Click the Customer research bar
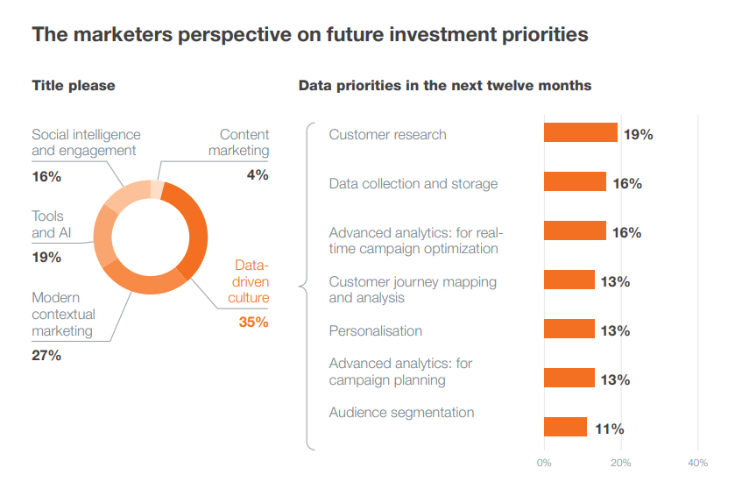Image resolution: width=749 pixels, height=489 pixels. pyautogui.click(x=581, y=132)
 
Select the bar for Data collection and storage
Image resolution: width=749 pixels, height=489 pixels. pyautogui.click(x=575, y=181)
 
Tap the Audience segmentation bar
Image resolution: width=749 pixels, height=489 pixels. pyautogui.click(x=565, y=427)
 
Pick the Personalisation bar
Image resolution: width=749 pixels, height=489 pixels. pyautogui.click(x=569, y=329)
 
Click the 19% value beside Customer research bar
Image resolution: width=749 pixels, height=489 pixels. pyautogui.click(x=638, y=135)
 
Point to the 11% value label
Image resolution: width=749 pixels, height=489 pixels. pyautogui.click(x=609, y=429)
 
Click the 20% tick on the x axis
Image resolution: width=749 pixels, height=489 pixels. pyautogui.click(x=620, y=463)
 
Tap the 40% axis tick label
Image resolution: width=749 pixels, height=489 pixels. pyautogui.click(x=697, y=463)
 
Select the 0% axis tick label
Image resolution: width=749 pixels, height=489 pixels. pyautogui.click(x=544, y=463)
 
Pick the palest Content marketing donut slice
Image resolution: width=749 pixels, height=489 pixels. pyautogui.click(x=157, y=189)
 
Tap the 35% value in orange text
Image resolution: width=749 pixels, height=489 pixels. pyautogui.click(x=253, y=322)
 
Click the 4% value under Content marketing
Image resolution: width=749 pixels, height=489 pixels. pyautogui.click(x=258, y=175)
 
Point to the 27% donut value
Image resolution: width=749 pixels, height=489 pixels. pyautogui.click(x=46, y=356)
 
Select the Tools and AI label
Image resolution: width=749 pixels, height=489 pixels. pyautogui.click(x=51, y=224)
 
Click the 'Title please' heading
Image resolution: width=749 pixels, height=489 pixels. pyautogui.click(x=74, y=86)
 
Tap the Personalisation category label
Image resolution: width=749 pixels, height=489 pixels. pyautogui.click(x=376, y=330)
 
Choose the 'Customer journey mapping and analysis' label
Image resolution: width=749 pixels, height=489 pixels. pyautogui.click(x=413, y=290)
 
